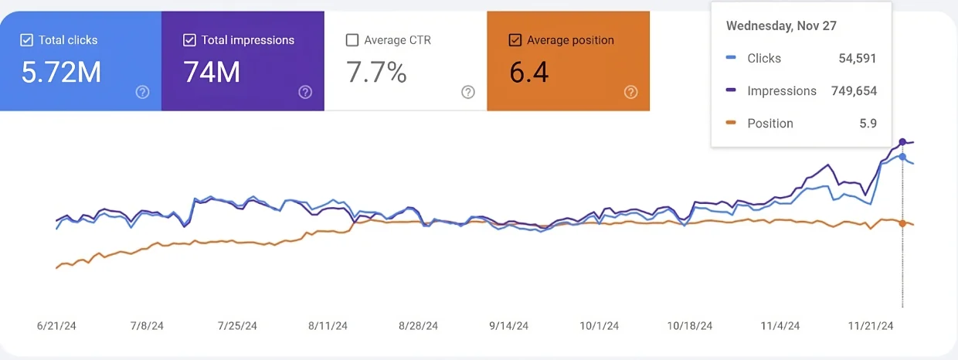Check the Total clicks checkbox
(x=27, y=40)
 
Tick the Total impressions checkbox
(x=189, y=40)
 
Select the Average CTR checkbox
(x=352, y=40)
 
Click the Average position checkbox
(x=515, y=40)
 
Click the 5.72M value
(x=61, y=72)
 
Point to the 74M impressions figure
(x=212, y=72)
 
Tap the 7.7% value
(x=376, y=72)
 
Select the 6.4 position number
(x=529, y=72)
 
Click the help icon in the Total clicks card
(x=142, y=92)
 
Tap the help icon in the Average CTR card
(x=468, y=92)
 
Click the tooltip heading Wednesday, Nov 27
(x=781, y=25)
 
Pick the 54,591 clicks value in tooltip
(x=858, y=58)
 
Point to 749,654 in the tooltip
(x=853, y=90)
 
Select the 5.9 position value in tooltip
(x=868, y=123)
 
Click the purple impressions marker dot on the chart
(x=902, y=142)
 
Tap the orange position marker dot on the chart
(x=902, y=222)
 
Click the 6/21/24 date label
(x=57, y=326)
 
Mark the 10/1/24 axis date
(x=600, y=326)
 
